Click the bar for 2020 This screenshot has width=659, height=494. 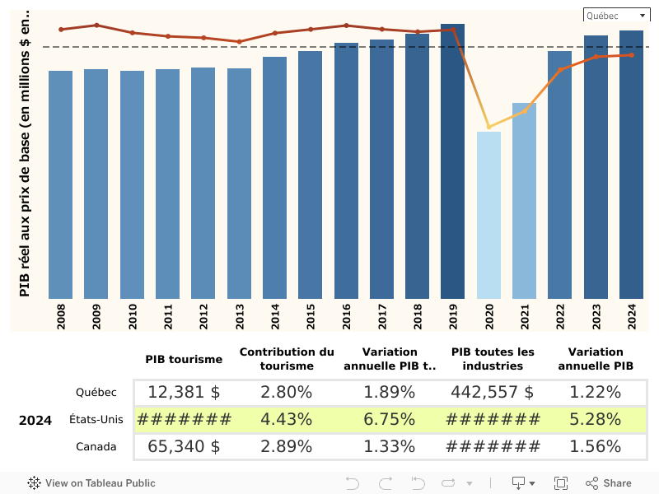coord(488,215)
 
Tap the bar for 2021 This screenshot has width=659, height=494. coord(524,201)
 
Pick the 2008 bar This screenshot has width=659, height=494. coord(61,184)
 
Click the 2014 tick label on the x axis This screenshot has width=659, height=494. coord(275,316)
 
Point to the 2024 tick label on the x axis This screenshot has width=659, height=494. coord(632,316)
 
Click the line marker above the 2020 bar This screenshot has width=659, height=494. coord(488,127)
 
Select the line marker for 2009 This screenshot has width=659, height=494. coord(96,25)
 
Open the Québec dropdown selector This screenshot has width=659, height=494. coord(616,16)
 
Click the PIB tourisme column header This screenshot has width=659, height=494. coord(184,359)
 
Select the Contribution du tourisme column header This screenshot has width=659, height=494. coord(287,359)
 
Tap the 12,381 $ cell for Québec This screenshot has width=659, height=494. coord(184,393)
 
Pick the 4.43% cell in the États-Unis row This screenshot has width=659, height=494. coord(287,419)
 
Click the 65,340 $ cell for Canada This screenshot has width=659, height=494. coord(184,446)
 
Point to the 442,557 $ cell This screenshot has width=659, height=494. coord(493,393)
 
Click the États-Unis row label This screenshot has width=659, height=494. coord(96,419)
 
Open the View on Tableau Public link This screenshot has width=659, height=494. coord(91,483)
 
